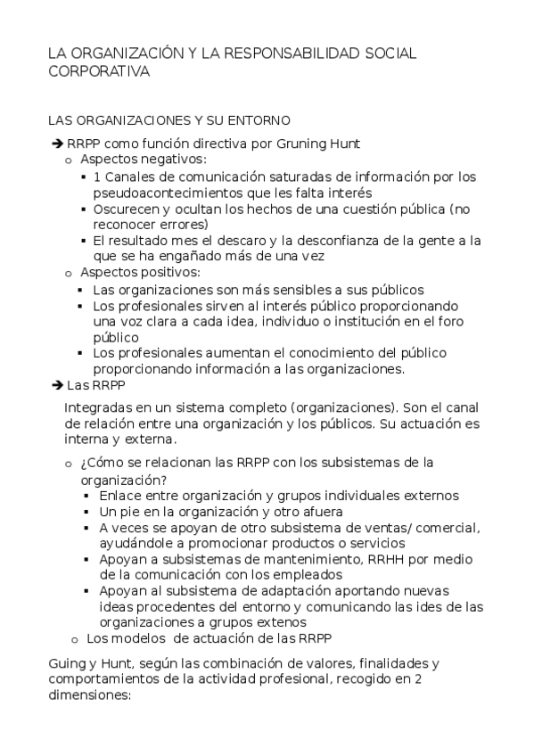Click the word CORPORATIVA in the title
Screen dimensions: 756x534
click(x=99, y=72)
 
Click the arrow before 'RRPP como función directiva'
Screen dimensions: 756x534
click(x=58, y=144)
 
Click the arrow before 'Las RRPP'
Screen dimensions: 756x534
click(x=58, y=386)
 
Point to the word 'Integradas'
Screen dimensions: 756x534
click(x=95, y=407)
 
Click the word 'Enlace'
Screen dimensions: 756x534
click(x=119, y=495)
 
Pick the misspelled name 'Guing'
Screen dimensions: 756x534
click(x=66, y=664)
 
